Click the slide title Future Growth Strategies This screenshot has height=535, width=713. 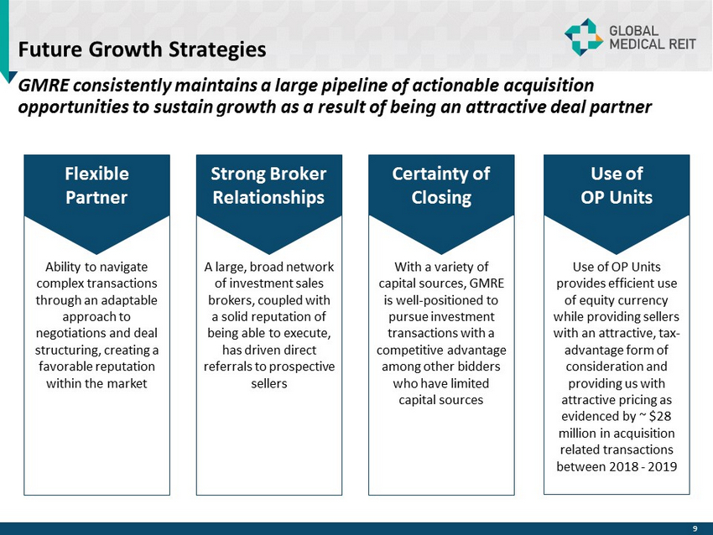point(142,49)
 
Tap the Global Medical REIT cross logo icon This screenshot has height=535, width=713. point(584,37)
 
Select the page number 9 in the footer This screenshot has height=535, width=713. point(695,528)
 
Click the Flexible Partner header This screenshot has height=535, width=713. point(96,185)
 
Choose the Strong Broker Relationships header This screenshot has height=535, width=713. point(268,185)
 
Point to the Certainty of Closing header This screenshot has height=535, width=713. point(441,185)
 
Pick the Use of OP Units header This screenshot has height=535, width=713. point(617,185)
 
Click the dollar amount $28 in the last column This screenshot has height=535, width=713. point(660,417)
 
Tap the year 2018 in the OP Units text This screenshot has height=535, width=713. point(624,466)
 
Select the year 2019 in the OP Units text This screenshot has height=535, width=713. point(663,466)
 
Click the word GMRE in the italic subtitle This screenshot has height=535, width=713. point(44,85)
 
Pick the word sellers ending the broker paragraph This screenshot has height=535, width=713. point(269,383)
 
